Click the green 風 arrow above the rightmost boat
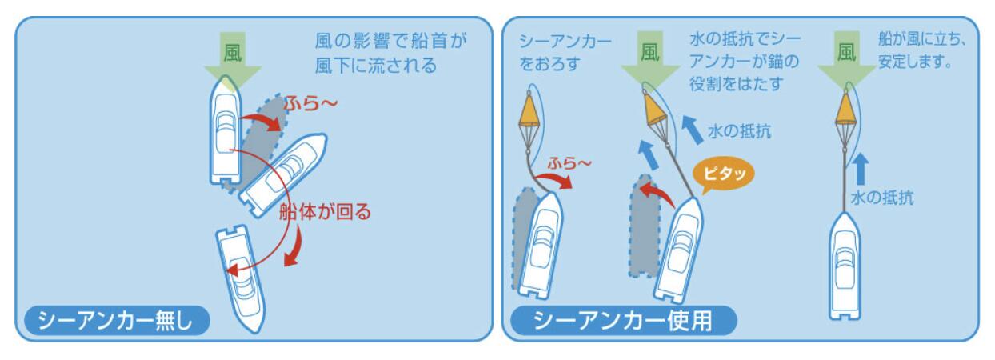point(845,61)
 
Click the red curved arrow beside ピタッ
point(657,194)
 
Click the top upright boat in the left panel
point(225,137)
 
